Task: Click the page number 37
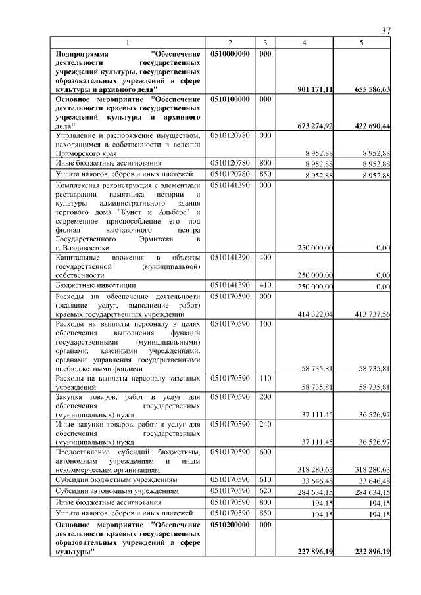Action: point(385,32)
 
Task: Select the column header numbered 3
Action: point(264,43)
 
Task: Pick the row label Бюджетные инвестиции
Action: point(96,286)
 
